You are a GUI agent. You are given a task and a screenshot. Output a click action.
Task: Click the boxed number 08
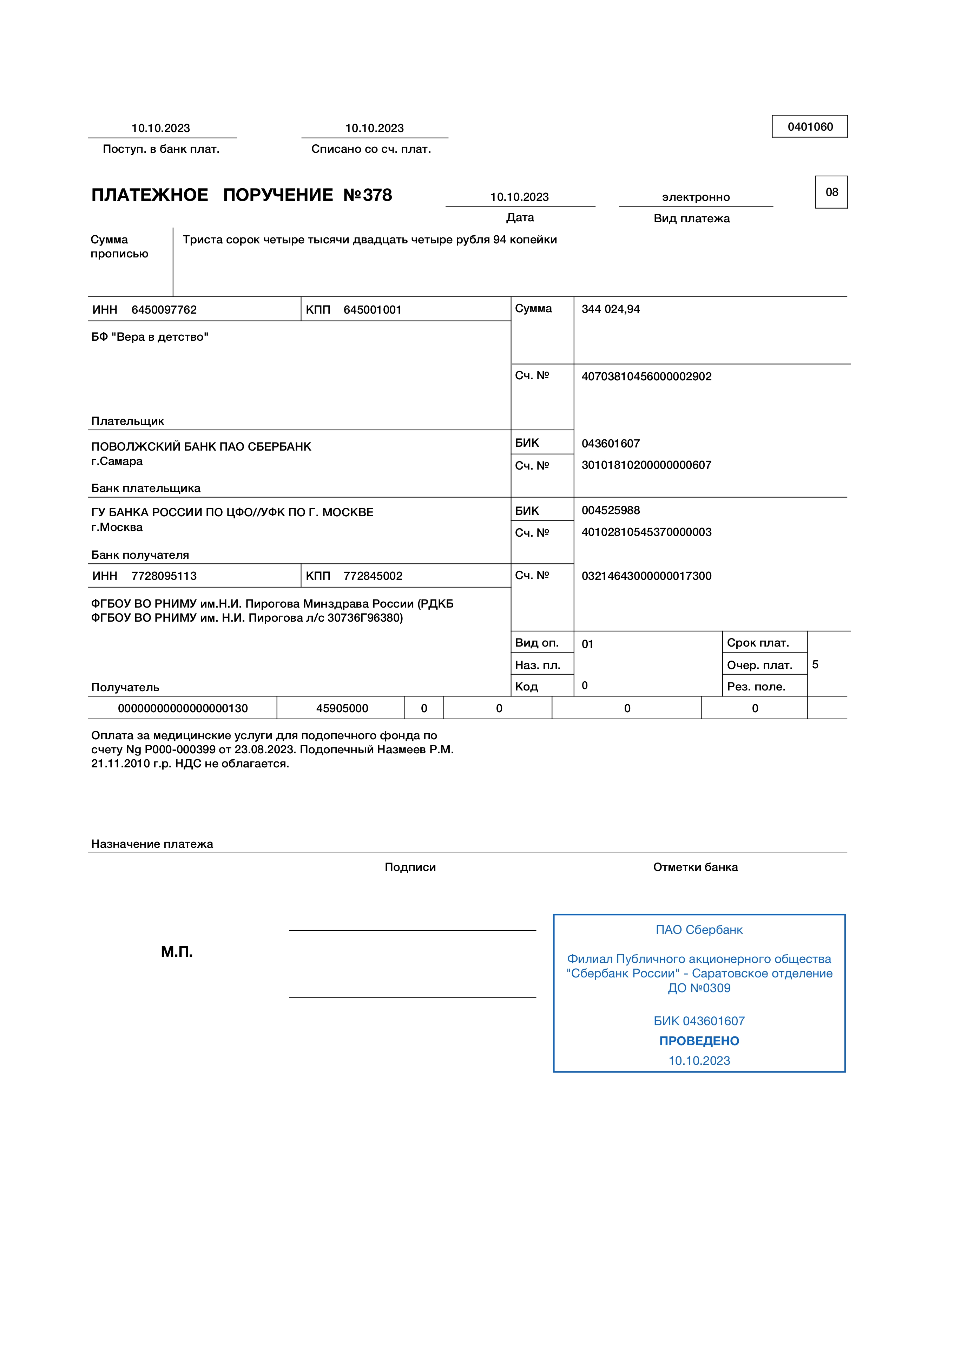pyautogui.click(x=831, y=192)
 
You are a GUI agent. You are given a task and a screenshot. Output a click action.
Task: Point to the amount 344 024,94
pyautogui.click(x=610, y=309)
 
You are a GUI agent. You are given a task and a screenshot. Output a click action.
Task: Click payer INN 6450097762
pyautogui.click(x=164, y=309)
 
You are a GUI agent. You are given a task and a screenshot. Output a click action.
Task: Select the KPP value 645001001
pyautogui.click(x=373, y=309)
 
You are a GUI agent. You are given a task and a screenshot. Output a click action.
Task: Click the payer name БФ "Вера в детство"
pyautogui.click(x=150, y=337)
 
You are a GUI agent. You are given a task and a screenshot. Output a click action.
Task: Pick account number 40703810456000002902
pyautogui.click(x=646, y=376)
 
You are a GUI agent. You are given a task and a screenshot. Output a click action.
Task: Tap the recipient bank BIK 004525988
pyautogui.click(x=610, y=510)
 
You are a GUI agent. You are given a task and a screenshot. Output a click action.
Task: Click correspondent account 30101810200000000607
pyautogui.click(x=646, y=465)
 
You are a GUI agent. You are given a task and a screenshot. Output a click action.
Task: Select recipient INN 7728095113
pyautogui.click(x=164, y=576)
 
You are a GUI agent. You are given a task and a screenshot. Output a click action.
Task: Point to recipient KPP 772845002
pyautogui.click(x=373, y=576)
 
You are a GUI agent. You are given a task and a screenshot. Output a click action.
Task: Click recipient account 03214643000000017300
pyautogui.click(x=646, y=576)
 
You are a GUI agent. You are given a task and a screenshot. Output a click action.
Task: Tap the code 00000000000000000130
pyautogui.click(x=182, y=708)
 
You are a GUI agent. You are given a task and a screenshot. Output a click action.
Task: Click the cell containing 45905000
pyautogui.click(x=342, y=708)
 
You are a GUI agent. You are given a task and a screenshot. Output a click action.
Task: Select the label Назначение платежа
pyautogui.click(x=152, y=844)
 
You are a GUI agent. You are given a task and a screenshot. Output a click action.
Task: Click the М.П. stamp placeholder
pyautogui.click(x=177, y=952)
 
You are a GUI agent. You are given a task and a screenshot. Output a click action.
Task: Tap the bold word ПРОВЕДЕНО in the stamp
pyautogui.click(x=699, y=1041)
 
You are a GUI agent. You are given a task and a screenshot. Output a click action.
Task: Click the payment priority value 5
pyautogui.click(x=815, y=664)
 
